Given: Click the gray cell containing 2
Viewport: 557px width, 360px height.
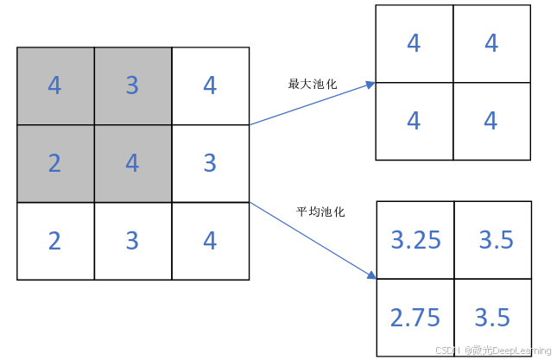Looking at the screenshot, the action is tap(55, 163).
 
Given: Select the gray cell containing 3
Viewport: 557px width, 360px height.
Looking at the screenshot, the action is tap(132, 86).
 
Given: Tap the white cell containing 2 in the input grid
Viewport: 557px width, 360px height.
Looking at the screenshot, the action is tap(55, 241).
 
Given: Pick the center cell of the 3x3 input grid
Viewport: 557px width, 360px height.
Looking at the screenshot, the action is tap(132, 163).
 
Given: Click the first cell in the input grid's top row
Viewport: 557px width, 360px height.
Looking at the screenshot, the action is tap(55, 86).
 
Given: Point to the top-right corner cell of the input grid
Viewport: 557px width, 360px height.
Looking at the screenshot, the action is tap(210, 86).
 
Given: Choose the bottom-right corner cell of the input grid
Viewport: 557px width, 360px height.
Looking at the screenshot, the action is tap(210, 241).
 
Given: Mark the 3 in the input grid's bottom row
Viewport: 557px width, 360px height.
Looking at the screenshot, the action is tap(132, 241).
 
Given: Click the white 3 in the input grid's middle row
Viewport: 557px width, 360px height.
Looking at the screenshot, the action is tap(210, 163).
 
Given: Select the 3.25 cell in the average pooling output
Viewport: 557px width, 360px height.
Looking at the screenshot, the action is tap(415, 240).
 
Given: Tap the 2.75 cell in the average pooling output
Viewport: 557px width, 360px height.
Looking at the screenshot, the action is tap(415, 318).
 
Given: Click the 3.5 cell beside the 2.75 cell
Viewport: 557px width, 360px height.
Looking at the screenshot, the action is tap(493, 318).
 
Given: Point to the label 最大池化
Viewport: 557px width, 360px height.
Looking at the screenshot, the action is tap(312, 85).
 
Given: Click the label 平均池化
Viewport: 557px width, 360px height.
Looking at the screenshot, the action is tap(320, 212).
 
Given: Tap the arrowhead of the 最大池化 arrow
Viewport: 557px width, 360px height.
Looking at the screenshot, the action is tap(370, 84).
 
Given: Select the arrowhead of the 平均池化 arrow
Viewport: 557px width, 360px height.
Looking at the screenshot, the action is tap(371, 275).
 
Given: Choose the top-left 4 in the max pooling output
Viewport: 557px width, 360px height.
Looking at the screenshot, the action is tap(414, 43).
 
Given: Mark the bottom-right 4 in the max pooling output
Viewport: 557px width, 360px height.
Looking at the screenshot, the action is tap(491, 121).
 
